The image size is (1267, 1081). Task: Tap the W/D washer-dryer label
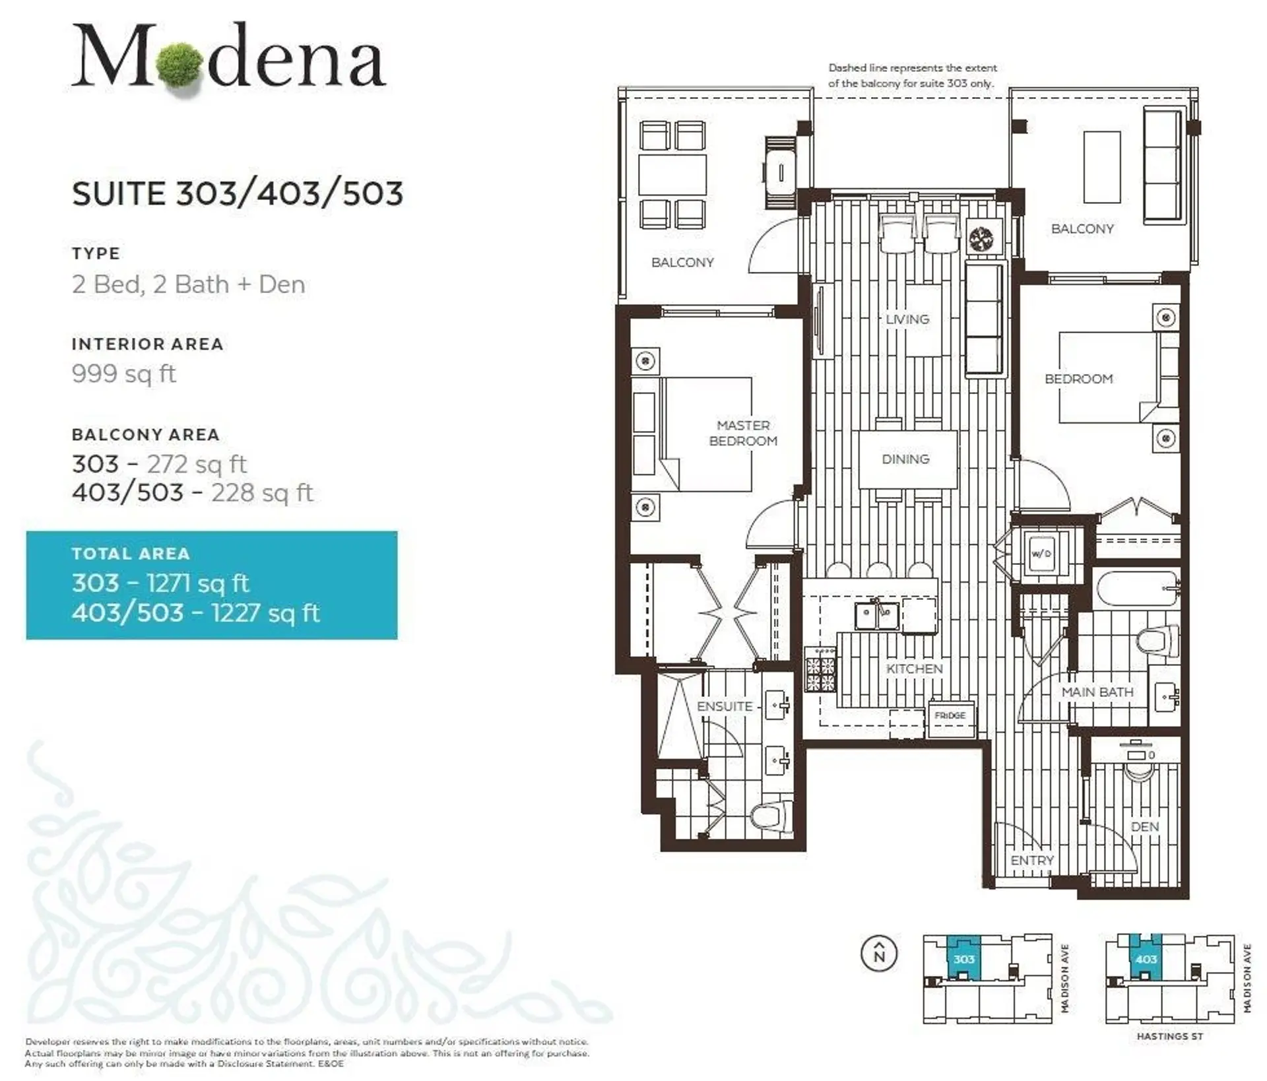(x=1041, y=554)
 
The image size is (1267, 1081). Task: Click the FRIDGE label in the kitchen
(x=950, y=715)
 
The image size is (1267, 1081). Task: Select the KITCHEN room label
(x=914, y=669)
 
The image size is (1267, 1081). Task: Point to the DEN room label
(x=1145, y=827)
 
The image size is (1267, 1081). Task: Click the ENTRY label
(x=1032, y=861)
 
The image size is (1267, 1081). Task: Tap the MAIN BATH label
(x=1097, y=692)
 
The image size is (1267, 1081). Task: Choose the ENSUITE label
(x=725, y=706)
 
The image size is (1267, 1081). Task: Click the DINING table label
(x=905, y=459)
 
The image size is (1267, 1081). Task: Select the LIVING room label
(x=907, y=319)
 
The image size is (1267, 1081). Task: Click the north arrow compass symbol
(x=879, y=954)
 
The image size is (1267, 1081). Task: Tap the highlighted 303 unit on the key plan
(x=964, y=959)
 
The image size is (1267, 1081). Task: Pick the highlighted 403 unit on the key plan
(x=1146, y=959)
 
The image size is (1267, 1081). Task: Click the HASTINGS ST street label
(x=1170, y=1036)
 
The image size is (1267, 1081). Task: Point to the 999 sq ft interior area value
(x=123, y=374)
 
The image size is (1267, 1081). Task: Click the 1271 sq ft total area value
(x=197, y=583)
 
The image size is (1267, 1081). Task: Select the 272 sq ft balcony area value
(x=197, y=465)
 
